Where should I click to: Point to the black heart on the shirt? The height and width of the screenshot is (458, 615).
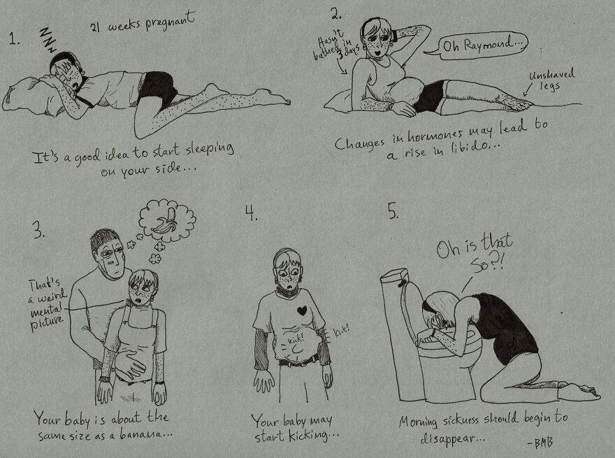tap(302, 308)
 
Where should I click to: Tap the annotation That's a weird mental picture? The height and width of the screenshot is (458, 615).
tap(45, 301)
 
